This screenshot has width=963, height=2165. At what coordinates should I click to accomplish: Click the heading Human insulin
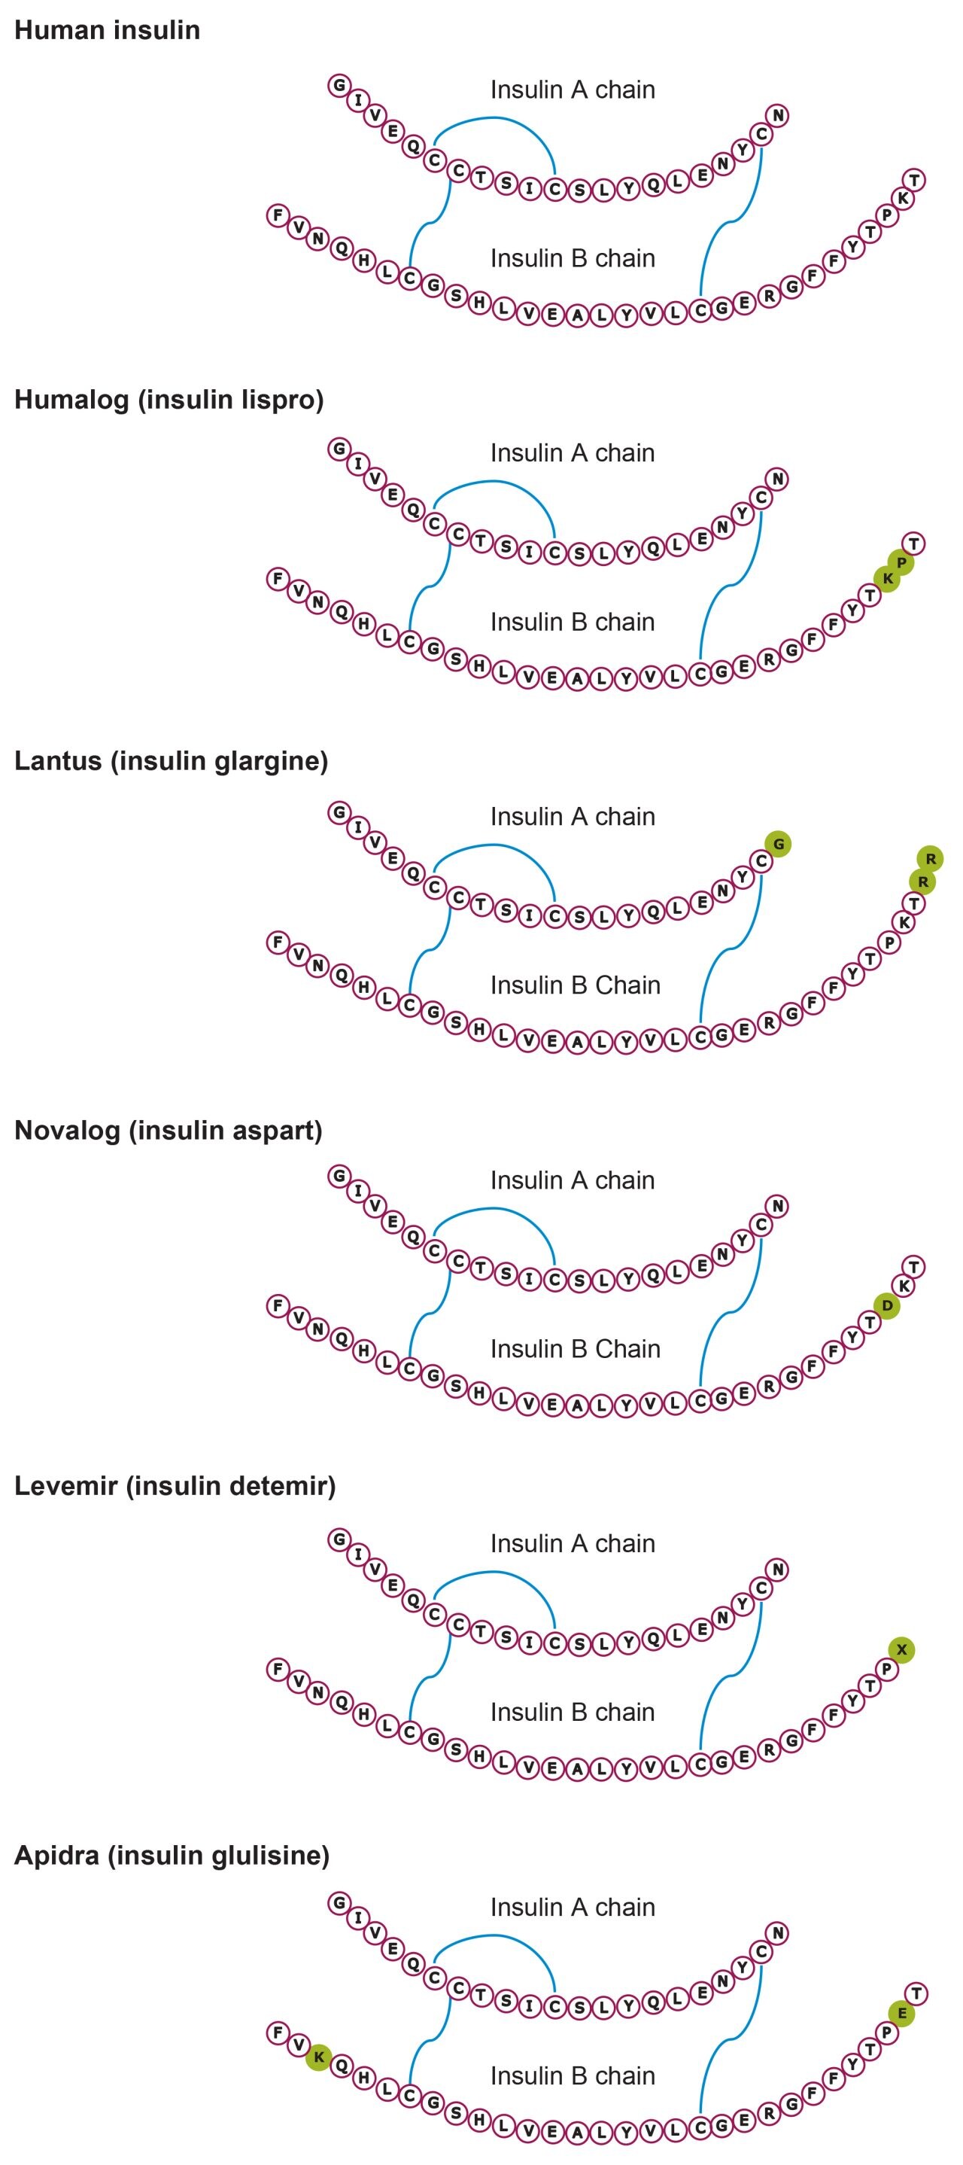coord(107,31)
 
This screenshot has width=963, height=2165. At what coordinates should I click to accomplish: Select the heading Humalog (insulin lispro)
coord(169,399)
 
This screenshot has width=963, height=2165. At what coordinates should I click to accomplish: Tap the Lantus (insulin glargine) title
coord(171,762)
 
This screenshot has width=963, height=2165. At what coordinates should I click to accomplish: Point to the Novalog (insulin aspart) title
coord(168,1131)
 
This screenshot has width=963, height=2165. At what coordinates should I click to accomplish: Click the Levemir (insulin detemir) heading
coord(175,1486)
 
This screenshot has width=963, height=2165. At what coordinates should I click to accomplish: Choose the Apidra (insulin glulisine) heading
coord(172,1855)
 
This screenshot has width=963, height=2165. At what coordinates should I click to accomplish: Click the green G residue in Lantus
coord(778,844)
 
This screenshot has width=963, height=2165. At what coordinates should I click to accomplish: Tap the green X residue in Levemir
coord(901,1650)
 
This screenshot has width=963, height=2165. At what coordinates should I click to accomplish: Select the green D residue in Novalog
coord(887,1306)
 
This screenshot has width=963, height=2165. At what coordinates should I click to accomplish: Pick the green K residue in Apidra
coord(318,2057)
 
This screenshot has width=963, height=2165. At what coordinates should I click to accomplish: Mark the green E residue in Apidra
coord(901,2014)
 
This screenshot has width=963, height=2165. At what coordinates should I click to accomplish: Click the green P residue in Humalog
coord(901,562)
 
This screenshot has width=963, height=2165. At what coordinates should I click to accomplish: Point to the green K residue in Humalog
coord(887,578)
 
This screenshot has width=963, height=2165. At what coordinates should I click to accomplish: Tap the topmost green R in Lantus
coord(930,859)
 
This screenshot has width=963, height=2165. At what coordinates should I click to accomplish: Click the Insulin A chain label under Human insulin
coord(573,90)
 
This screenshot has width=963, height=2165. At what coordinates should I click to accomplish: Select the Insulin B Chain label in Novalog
coord(575,1349)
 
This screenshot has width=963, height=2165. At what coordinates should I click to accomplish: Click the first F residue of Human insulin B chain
coord(278,215)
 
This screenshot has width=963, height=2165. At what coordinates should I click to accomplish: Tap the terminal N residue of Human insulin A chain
coord(778,115)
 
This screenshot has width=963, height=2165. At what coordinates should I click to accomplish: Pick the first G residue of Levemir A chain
coord(339,1539)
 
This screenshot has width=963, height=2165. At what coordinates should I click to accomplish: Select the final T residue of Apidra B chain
coord(915,1993)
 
